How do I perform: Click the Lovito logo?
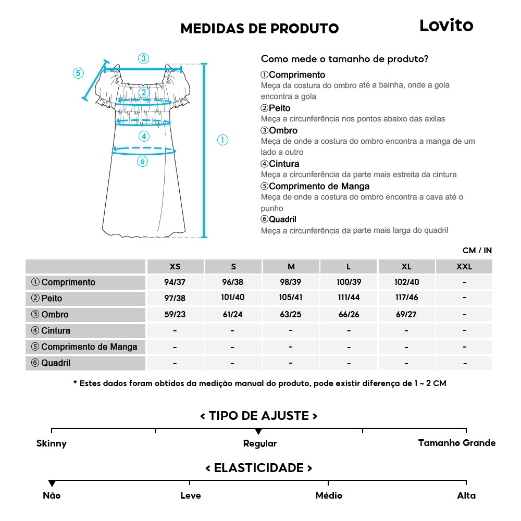(446, 26)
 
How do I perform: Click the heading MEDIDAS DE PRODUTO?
(259, 29)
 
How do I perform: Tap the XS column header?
(175, 267)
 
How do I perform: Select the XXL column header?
(464, 267)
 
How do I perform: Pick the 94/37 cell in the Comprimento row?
(175, 282)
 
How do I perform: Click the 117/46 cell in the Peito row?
(406, 299)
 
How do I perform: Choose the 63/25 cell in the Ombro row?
(291, 315)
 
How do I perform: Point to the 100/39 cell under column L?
(349, 282)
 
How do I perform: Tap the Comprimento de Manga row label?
(84, 347)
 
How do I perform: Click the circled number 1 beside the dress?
(222, 140)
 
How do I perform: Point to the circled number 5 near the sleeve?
(78, 73)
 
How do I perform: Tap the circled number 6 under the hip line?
(143, 162)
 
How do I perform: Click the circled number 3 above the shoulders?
(143, 58)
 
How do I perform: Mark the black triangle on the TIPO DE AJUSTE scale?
(258, 432)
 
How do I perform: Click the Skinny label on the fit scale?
(52, 444)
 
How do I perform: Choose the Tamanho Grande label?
(457, 443)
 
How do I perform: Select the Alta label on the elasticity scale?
(466, 495)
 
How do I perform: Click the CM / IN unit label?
(477, 251)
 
